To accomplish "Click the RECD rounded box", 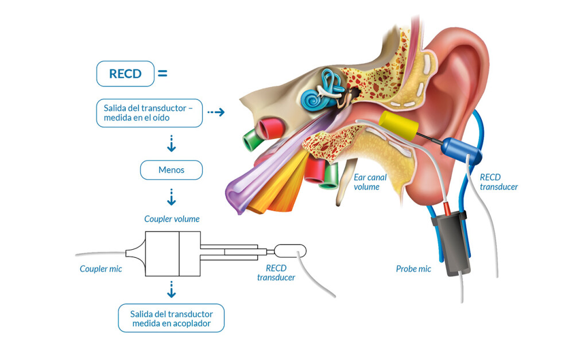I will tap(125, 73).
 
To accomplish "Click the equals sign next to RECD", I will tap(163, 73).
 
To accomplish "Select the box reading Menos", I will tap(171, 170).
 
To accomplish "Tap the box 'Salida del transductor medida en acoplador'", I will tap(171, 318).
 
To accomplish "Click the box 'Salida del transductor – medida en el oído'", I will tap(149, 113).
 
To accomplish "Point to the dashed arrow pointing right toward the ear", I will tap(215, 112).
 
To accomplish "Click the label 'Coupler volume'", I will tap(172, 219).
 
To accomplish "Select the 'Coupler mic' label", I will tap(100, 269).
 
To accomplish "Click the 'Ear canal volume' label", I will tap(370, 182).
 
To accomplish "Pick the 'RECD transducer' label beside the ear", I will tap(498, 182).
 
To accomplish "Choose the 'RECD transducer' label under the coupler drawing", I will tap(276, 273).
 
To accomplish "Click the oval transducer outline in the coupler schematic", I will tap(290, 251).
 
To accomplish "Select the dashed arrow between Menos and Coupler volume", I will tap(171, 198).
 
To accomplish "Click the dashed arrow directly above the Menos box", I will tap(171, 144).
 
